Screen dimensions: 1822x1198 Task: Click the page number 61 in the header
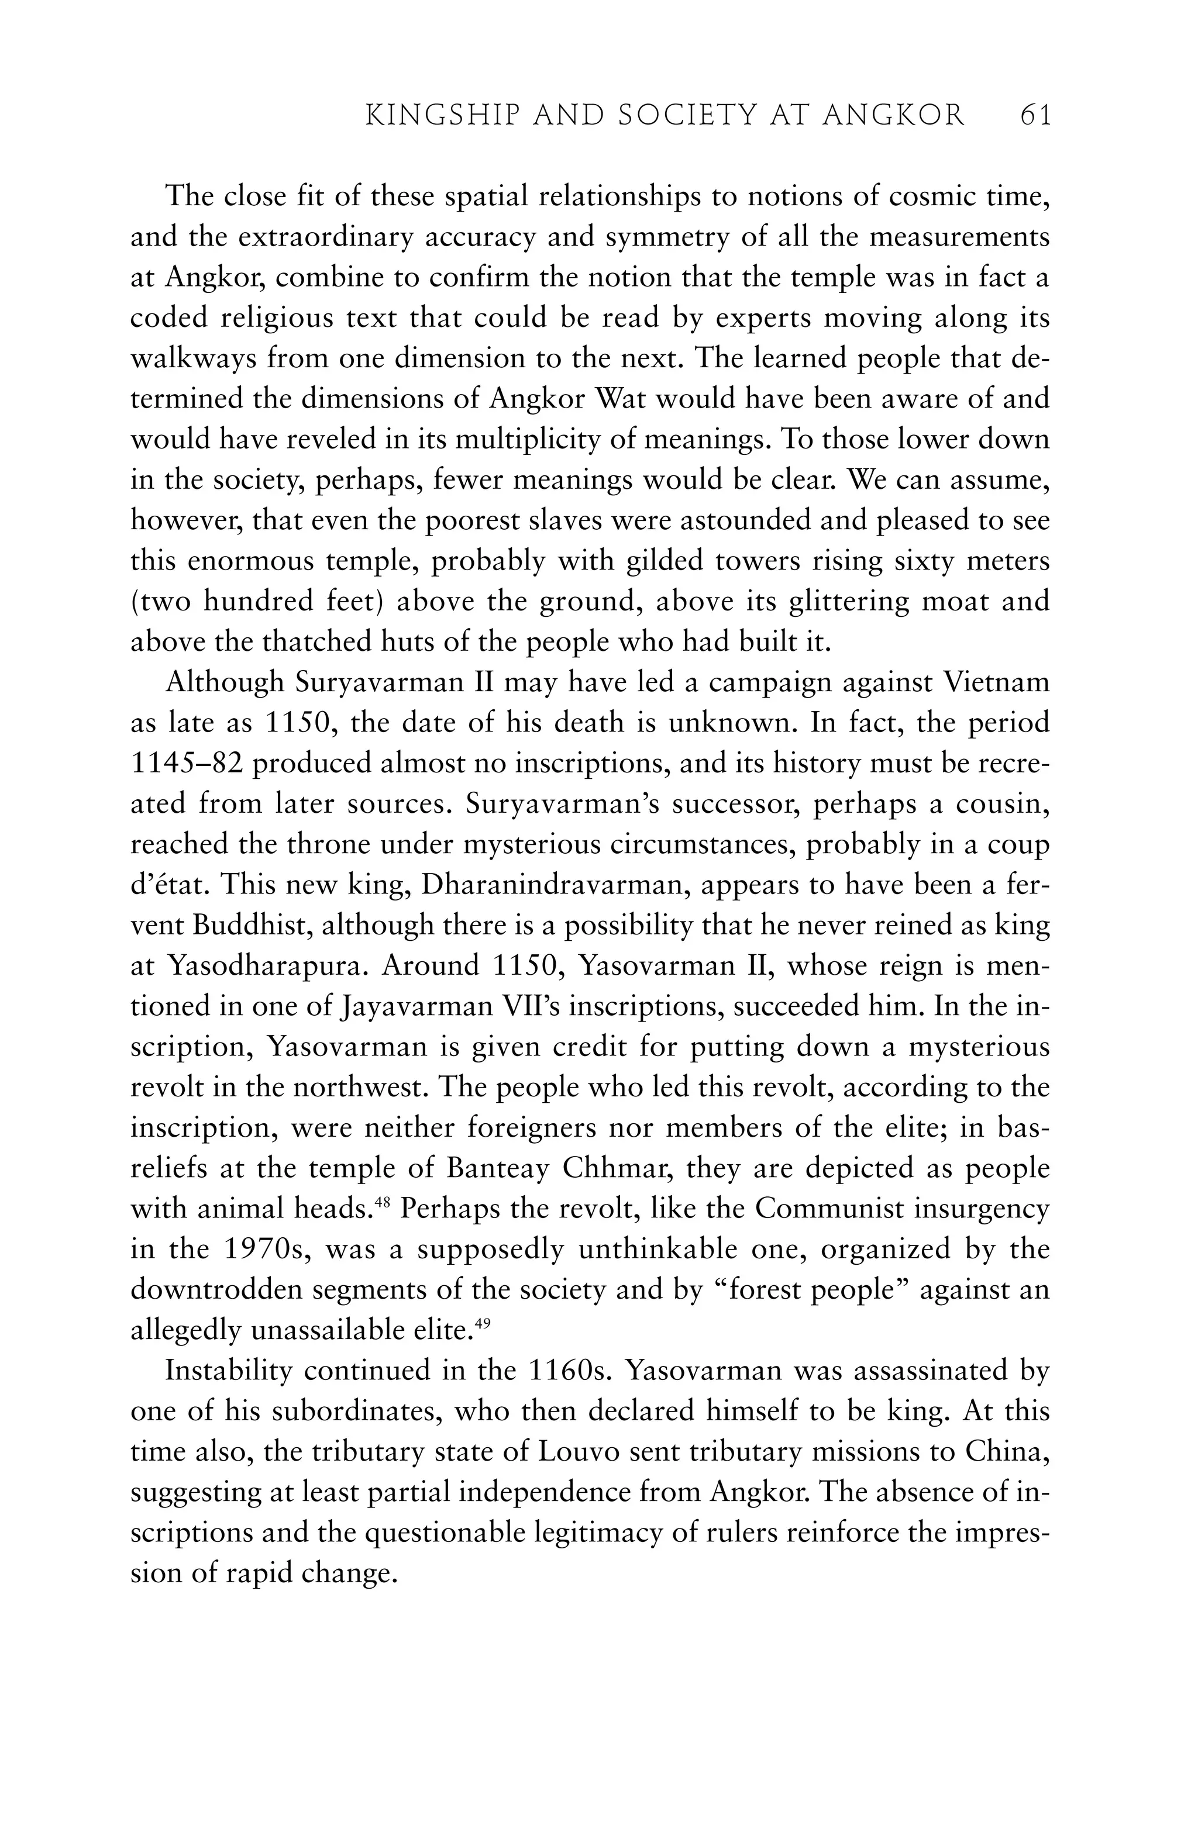point(1035,116)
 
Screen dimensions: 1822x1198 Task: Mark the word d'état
point(168,886)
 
